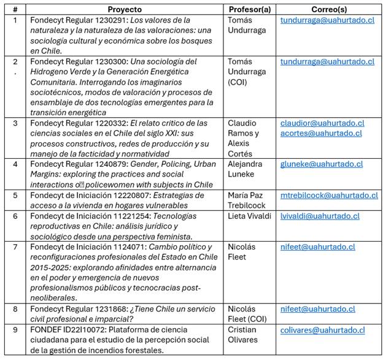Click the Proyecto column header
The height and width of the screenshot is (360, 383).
tap(124, 9)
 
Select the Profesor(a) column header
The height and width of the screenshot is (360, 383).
tap(250, 9)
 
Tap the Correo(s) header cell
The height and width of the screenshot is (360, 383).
tap(328, 9)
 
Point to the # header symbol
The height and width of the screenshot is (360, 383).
tap(15, 9)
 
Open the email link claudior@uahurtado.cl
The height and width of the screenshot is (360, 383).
tap(322, 123)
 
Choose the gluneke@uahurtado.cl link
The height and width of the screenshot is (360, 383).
tap(321, 164)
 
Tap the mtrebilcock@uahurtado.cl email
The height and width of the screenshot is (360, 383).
tap(328, 195)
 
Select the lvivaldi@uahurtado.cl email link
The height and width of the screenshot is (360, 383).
tap(319, 216)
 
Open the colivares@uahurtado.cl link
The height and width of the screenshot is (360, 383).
tap(322, 330)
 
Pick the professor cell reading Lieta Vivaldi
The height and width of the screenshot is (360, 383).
tap(249, 216)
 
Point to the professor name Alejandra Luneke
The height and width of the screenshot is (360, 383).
tap(245, 169)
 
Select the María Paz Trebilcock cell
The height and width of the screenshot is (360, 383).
tap(249, 200)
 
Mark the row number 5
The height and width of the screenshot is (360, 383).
tap(15, 195)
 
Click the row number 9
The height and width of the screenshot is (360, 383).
tap(15, 330)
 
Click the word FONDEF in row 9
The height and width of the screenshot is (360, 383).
tap(45, 330)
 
